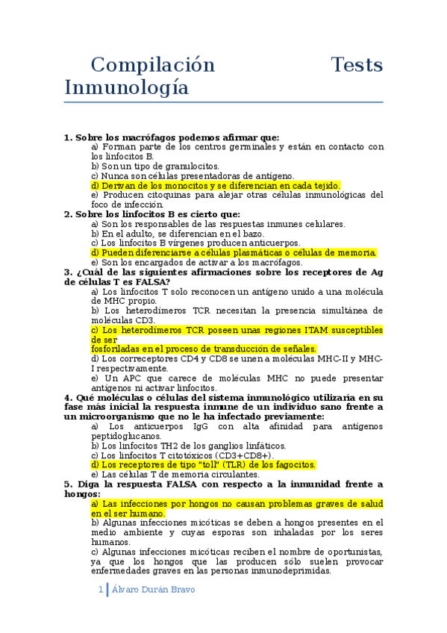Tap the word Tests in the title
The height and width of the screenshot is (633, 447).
point(357,65)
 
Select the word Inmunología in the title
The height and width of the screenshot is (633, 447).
point(126,88)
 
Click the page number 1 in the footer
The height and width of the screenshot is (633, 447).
point(101,589)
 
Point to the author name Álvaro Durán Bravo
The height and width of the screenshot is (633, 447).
point(153,589)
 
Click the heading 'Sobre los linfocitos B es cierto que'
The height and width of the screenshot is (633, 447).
point(149,214)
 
